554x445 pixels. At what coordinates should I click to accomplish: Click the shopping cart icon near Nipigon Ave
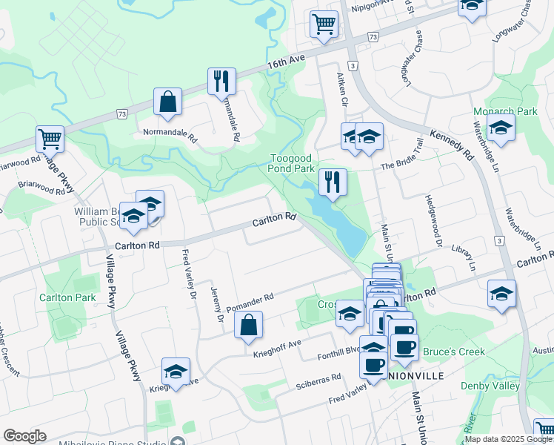(324, 23)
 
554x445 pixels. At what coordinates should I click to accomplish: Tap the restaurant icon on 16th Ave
(221, 81)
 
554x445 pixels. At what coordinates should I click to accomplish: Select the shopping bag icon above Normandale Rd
(168, 102)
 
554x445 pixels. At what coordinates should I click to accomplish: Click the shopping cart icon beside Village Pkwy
(50, 138)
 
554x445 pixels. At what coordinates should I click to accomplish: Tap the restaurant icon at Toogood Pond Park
(333, 182)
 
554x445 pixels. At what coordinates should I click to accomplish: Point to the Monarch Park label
(494, 112)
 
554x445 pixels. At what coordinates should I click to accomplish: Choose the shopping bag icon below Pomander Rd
(248, 325)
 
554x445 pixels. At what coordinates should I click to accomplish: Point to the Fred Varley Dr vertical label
(186, 274)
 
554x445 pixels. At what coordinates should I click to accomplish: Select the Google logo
(24, 436)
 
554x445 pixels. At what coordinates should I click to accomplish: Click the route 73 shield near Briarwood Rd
(121, 114)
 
